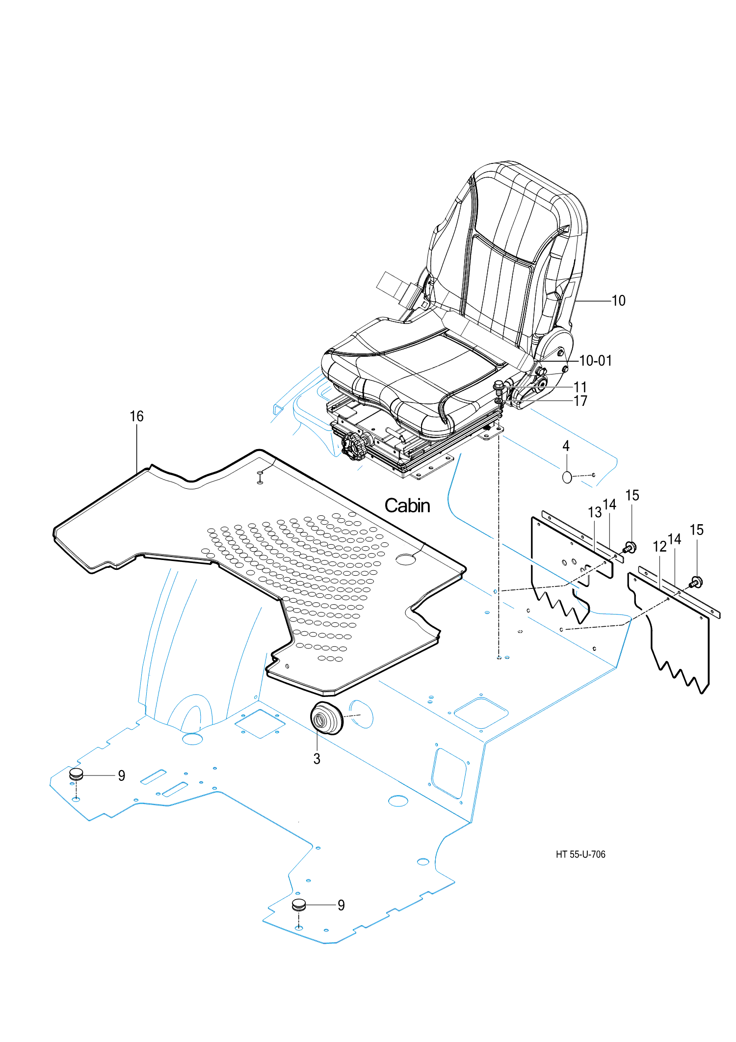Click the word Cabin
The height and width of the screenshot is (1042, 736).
(x=407, y=506)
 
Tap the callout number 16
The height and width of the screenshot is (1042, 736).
(x=136, y=416)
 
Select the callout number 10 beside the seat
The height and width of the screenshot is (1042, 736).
(x=619, y=300)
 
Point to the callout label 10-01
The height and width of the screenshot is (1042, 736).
(x=596, y=361)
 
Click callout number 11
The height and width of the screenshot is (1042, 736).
(x=580, y=387)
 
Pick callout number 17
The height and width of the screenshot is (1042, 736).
(x=580, y=401)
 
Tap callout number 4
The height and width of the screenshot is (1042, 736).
(x=566, y=446)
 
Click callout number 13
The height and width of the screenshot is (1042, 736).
(x=595, y=512)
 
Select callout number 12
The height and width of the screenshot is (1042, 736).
(x=660, y=546)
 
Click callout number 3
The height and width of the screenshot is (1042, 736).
(x=317, y=759)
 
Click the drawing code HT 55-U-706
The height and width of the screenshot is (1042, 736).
(x=580, y=855)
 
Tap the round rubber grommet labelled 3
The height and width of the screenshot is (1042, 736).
(x=327, y=718)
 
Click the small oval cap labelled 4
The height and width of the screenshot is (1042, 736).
(x=567, y=477)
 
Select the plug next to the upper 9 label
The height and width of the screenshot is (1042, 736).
(x=76, y=775)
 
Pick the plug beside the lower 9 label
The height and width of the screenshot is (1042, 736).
(x=299, y=905)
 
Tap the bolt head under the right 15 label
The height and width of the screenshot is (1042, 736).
(x=696, y=583)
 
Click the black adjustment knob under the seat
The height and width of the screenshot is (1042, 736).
(x=354, y=446)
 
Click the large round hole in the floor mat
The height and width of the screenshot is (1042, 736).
(x=406, y=559)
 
